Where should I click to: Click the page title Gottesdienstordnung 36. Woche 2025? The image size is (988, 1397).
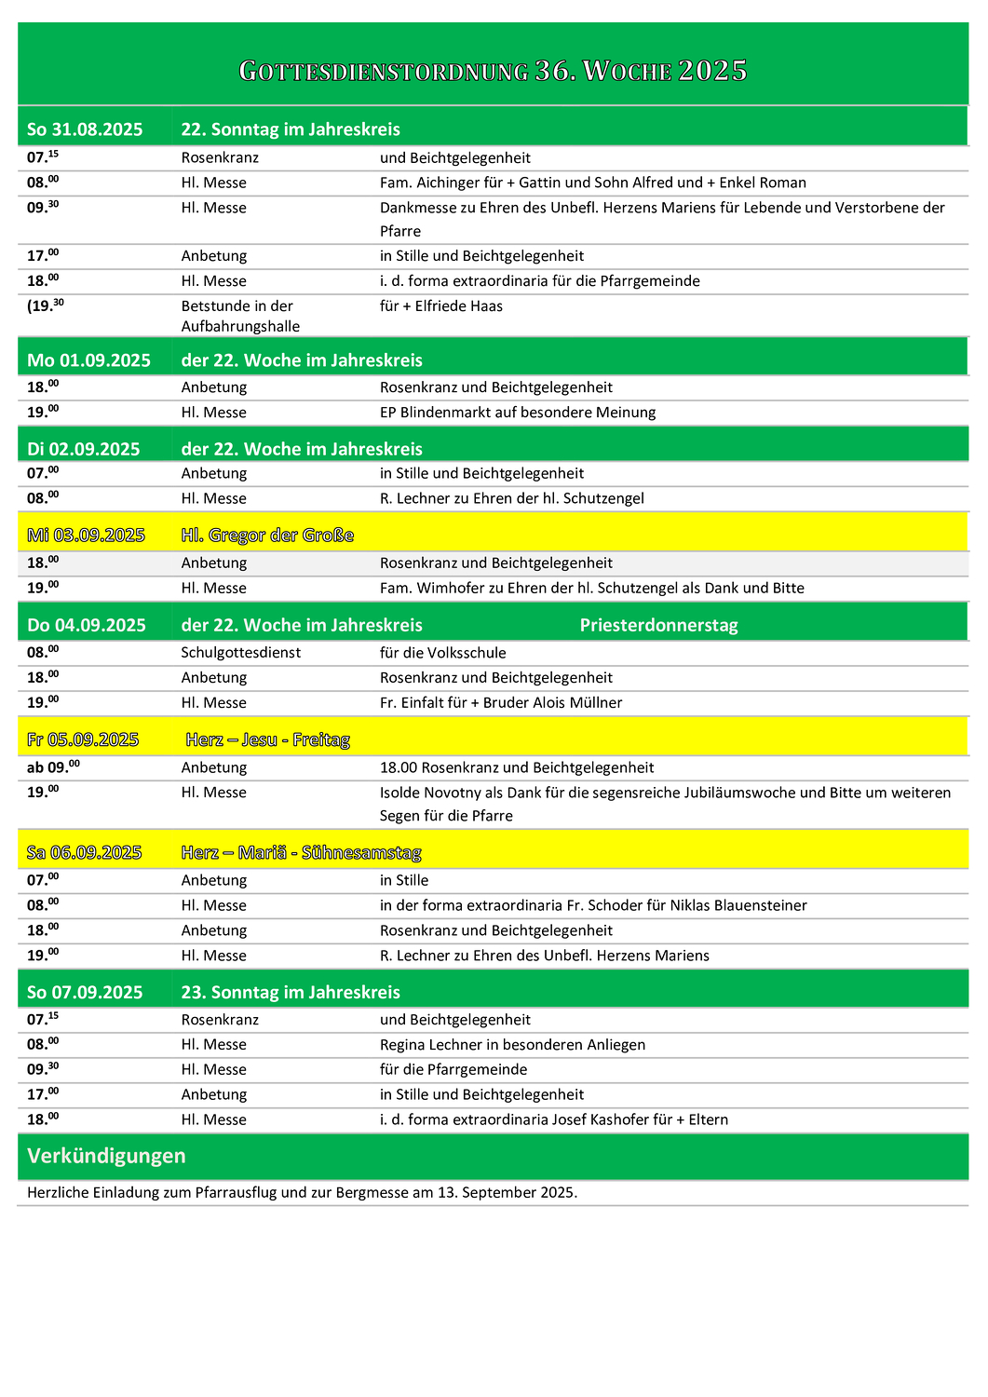point(493,71)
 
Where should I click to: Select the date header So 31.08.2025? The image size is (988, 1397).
point(85,129)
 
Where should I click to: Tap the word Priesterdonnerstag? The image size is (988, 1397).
point(658,625)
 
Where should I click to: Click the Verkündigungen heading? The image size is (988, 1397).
point(106,1156)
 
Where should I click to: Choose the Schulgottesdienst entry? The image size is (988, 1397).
point(240,653)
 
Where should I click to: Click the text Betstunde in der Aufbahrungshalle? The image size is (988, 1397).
point(240,316)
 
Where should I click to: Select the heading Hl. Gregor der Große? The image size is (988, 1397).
point(267,536)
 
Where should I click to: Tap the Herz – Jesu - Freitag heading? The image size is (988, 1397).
point(267,740)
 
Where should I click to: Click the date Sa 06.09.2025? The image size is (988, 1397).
point(84,853)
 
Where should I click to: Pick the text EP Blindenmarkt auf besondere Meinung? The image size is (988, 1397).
point(518,413)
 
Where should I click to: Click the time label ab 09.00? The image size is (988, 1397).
point(53,768)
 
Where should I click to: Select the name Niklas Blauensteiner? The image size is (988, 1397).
point(738,905)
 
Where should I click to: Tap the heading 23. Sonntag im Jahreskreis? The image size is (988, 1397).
point(291,992)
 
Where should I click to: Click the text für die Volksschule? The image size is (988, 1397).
point(442,653)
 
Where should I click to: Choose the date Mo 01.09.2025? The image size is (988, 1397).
point(88,360)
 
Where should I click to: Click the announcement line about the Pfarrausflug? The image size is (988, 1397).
point(302,1192)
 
